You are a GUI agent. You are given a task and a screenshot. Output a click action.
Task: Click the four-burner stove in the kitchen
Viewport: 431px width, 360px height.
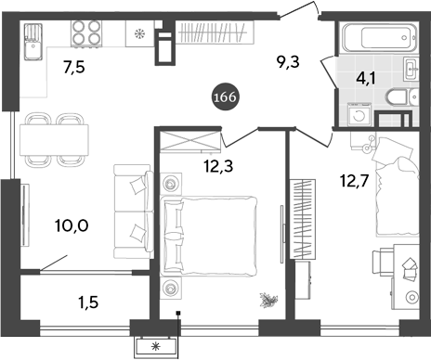click(86, 35)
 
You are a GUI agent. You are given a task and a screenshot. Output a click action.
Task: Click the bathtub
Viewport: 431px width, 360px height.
click(369, 39)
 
